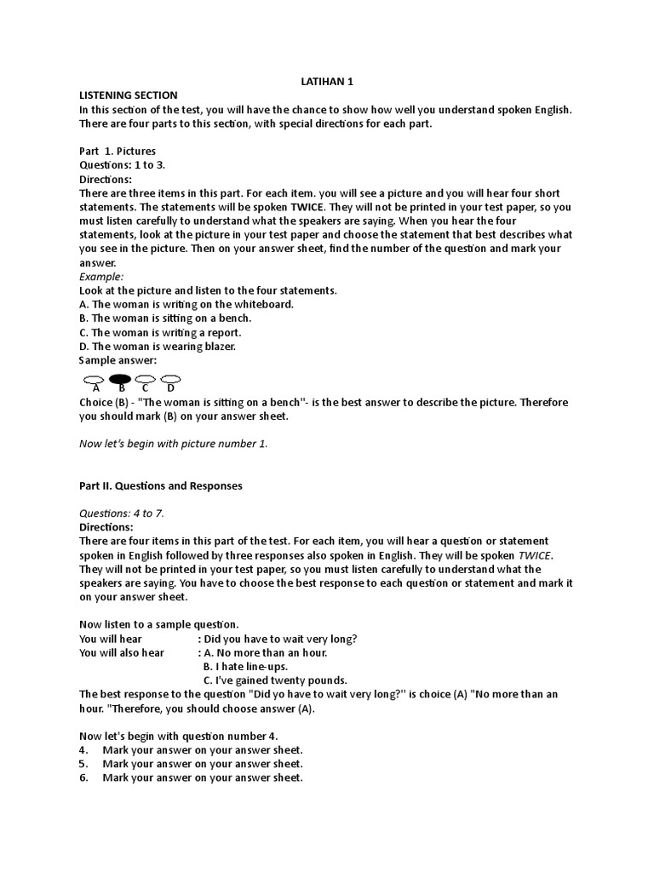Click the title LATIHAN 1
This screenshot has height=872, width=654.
tap(328, 81)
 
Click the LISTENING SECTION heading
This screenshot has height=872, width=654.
tap(129, 95)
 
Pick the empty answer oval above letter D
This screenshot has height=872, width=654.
tap(171, 378)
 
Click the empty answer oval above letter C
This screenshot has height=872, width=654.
tap(146, 378)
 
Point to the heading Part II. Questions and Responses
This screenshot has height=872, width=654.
tap(161, 485)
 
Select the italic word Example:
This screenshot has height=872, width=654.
tap(101, 277)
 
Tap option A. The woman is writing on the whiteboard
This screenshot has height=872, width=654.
tap(186, 304)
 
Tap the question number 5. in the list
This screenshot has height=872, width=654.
tap(84, 764)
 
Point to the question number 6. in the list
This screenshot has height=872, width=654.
tap(84, 777)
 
